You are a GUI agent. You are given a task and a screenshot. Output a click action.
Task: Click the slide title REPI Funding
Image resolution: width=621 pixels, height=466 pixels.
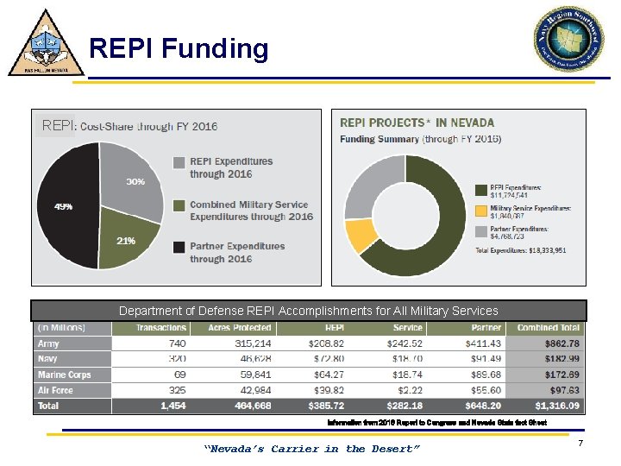[x=179, y=48]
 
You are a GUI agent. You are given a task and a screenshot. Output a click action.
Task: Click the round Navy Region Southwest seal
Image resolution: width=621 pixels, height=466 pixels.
[x=568, y=40]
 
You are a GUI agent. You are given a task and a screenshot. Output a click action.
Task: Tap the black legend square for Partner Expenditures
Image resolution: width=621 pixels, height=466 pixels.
[x=178, y=248]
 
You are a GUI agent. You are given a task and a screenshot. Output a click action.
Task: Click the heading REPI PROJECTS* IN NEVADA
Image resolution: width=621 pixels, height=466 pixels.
[x=417, y=123]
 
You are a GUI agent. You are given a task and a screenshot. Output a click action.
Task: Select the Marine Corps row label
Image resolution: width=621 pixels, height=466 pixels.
[x=63, y=375]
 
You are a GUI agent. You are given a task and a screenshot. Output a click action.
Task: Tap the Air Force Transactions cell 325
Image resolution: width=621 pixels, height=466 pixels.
[x=174, y=390]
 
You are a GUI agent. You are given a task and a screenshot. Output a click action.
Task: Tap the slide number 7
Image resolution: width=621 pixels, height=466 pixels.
[x=581, y=443]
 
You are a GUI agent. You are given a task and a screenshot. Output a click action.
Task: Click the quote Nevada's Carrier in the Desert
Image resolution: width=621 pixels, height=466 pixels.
[x=311, y=449]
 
